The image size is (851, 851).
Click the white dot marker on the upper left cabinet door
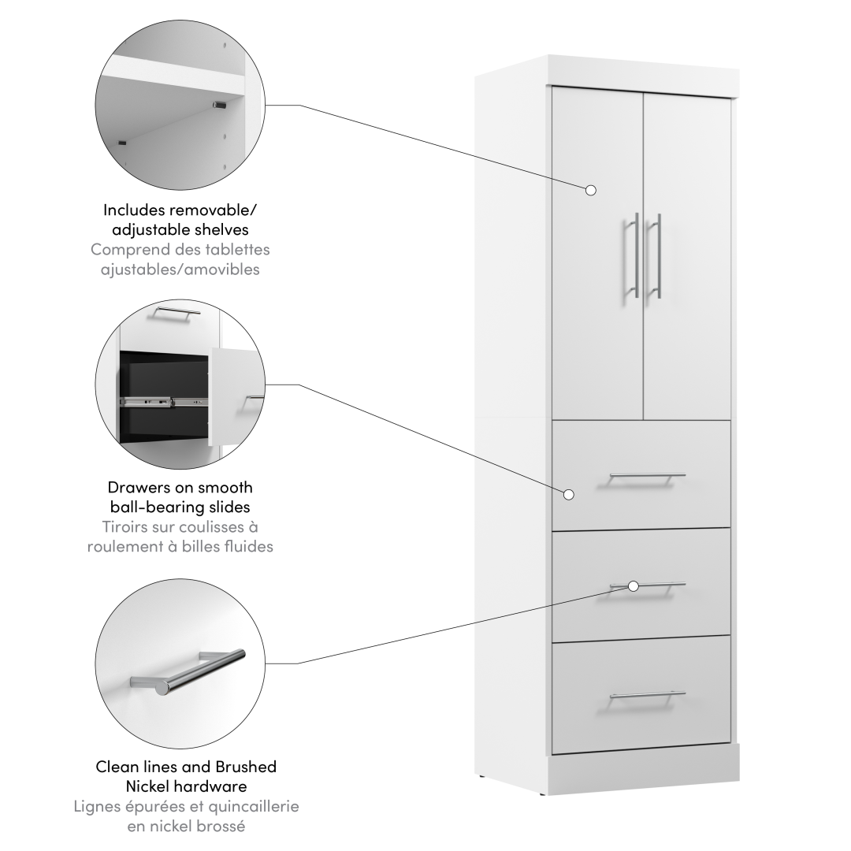[x=591, y=190]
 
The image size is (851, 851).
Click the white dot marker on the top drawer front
[x=569, y=494]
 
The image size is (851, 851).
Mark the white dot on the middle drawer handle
[x=634, y=586]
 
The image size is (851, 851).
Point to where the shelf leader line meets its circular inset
[x=265, y=106]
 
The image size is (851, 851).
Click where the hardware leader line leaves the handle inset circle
[x=266, y=663]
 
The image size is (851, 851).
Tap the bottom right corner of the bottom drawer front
[x=730, y=754]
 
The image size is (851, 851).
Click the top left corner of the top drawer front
[x=552, y=420]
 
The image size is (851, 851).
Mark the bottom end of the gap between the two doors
[x=644, y=419]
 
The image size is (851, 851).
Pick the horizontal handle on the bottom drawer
[x=647, y=696]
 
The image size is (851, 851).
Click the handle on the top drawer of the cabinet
[x=647, y=477]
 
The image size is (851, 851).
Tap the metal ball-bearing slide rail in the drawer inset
[x=163, y=402]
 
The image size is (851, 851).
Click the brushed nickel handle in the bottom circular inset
[x=188, y=672]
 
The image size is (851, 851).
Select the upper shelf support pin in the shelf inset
[x=219, y=104]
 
